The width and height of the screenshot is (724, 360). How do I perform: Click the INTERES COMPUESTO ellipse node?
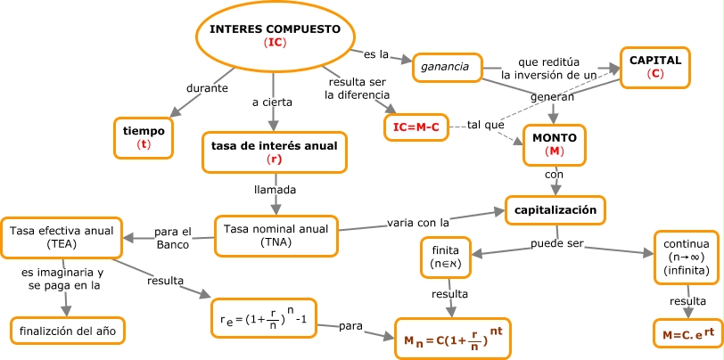tap(275, 36)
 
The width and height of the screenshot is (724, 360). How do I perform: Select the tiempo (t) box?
tap(144, 137)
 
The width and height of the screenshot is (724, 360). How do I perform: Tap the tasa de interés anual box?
tap(275, 151)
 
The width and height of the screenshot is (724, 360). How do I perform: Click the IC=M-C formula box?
tap(416, 127)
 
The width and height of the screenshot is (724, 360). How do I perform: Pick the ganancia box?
tap(446, 67)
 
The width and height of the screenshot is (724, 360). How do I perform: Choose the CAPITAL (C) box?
tap(655, 67)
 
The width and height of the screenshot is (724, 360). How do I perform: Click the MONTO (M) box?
tap(554, 144)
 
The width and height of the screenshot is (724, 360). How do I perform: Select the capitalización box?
tap(555, 210)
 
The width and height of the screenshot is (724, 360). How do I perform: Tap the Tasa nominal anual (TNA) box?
tap(276, 235)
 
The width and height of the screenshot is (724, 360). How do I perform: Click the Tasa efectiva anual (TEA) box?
tap(62, 236)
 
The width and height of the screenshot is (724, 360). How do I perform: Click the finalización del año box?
tap(68, 331)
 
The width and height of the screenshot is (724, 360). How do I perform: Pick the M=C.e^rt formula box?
tap(687, 335)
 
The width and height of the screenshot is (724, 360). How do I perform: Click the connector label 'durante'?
tap(208, 88)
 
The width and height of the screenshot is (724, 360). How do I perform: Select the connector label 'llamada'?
tap(275, 190)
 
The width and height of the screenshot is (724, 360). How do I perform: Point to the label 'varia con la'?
tap(417, 220)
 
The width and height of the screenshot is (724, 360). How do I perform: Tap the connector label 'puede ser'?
tap(558, 243)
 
